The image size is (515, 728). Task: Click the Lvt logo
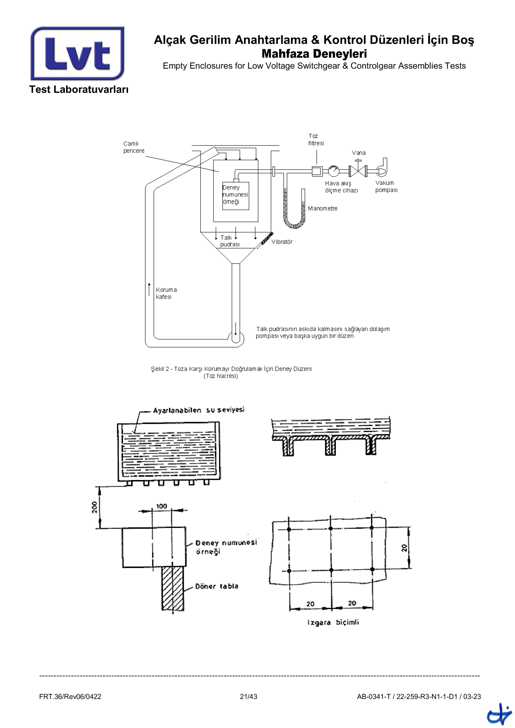click(77, 53)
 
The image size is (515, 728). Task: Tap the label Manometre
click(322, 208)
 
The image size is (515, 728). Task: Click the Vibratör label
click(282, 242)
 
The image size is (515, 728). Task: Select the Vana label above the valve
click(359, 153)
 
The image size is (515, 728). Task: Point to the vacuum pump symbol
click(382, 168)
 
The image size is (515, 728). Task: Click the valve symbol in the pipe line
click(358, 171)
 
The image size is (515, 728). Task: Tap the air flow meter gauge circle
click(333, 171)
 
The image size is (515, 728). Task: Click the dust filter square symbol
click(317, 171)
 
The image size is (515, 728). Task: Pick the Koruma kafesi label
click(166, 293)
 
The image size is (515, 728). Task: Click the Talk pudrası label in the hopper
click(230, 241)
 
